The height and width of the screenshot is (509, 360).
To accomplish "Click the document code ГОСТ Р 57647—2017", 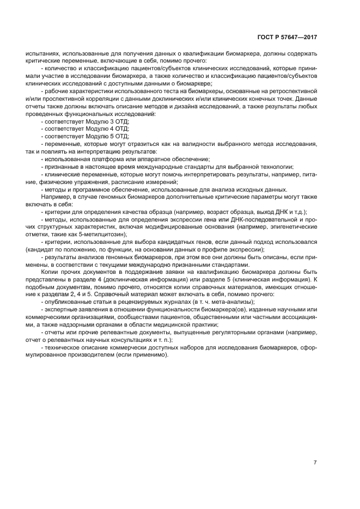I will point(286,38).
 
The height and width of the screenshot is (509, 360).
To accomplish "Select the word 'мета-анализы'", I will point(235,302).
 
